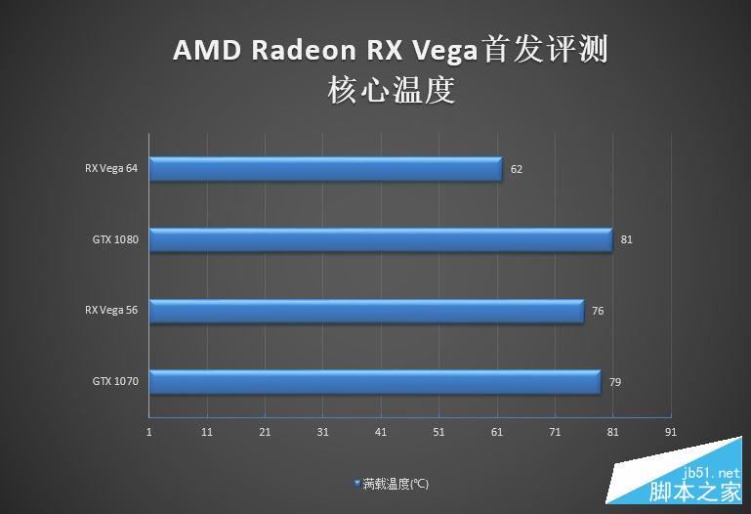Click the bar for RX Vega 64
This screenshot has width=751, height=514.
click(325, 169)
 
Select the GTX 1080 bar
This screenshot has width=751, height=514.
click(381, 239)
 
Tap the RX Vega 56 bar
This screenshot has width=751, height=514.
click(366, 311)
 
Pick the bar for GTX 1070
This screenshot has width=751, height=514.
click(375, 381)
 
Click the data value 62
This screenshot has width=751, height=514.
click(517, 169)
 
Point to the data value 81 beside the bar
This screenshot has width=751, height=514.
click(627, 239)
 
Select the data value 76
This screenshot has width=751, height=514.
click(598, 311)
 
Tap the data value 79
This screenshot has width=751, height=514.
click(615, 382)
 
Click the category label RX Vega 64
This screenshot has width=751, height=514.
click(111, 168)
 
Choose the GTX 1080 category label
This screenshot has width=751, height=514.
click(115, 239)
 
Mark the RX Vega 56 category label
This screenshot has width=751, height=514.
click(111, 311)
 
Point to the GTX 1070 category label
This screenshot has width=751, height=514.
click(115, 381)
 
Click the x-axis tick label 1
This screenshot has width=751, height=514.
click(149, 431)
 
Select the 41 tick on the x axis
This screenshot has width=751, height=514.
click(381, 431)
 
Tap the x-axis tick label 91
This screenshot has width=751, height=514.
click(670, 431)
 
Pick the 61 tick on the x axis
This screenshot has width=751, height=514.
click(496, 431)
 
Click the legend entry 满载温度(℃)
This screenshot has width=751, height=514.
click(395, 484)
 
